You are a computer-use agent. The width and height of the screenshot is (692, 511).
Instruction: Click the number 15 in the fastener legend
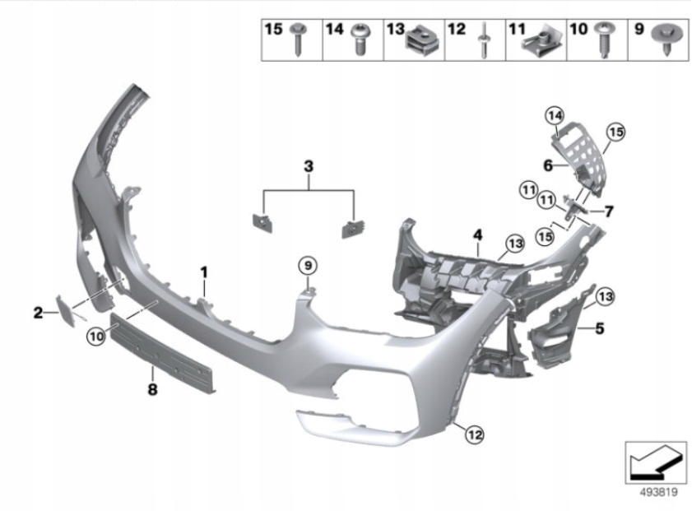coord(273,30)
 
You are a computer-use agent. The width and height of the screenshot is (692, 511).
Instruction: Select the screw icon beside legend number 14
coord(359,39)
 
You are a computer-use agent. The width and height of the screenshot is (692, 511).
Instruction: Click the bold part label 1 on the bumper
coord(205,270)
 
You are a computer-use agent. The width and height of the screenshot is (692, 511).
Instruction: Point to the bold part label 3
coord(309,166)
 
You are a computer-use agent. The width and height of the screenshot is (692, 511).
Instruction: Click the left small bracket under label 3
coord(262,223)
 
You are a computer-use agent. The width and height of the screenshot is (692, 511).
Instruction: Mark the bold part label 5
coord(599,328)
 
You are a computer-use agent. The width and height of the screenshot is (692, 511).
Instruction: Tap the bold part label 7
coord(608,211)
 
